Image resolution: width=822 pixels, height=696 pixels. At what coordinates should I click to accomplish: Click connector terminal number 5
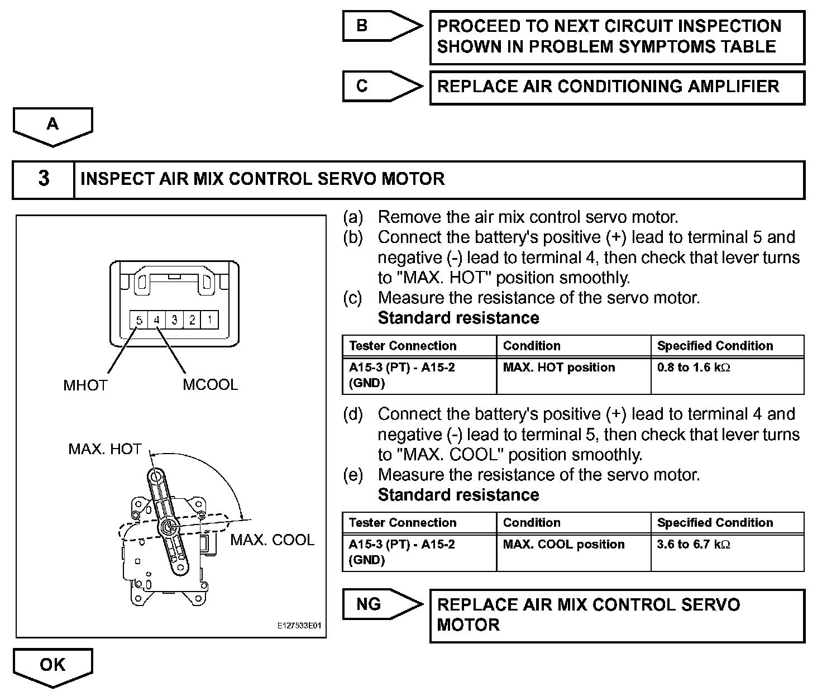pyautogui.click(x=139, y=320)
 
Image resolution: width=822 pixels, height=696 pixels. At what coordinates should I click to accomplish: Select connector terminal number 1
pyautogui.click(x=210, y=320)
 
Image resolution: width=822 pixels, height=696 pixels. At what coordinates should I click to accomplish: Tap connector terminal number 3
pyautogui.click(x=175, y=320)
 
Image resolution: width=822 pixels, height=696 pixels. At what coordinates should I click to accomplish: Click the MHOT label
pyautogui.click(x=85, y=385)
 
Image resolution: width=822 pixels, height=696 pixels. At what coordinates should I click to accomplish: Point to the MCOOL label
pyautogui.click(x=210, y=385)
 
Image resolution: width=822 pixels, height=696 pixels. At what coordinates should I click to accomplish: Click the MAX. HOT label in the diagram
pyautogui.click(x=104, y=449)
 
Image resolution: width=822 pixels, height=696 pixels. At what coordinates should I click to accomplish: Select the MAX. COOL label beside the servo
pyautogui.click(x=272, y=540)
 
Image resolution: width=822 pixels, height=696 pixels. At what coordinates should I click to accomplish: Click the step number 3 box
pyautogui.click(x=44, y=179)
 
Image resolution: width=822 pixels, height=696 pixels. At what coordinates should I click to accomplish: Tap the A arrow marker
pyautogui.click(x=52, y=125)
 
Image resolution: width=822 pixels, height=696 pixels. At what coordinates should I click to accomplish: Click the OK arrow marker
pyautogui.click(x=52, y=666)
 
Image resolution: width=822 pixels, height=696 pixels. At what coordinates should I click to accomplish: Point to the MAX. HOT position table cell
pyautogui.click(x=558, y=368)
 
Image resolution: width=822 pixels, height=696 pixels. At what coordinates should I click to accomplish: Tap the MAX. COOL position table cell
pyautogui.click(x=563, y=545)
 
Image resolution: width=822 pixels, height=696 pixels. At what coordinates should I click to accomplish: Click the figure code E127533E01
pyautogui.click(x=300, y=626)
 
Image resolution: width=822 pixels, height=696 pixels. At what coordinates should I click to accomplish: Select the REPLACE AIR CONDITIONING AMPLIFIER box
pyautogui.click(x=616, y=87)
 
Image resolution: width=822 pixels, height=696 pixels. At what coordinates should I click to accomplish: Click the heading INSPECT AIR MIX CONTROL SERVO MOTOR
pyautogui.click(x=262, y=179)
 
